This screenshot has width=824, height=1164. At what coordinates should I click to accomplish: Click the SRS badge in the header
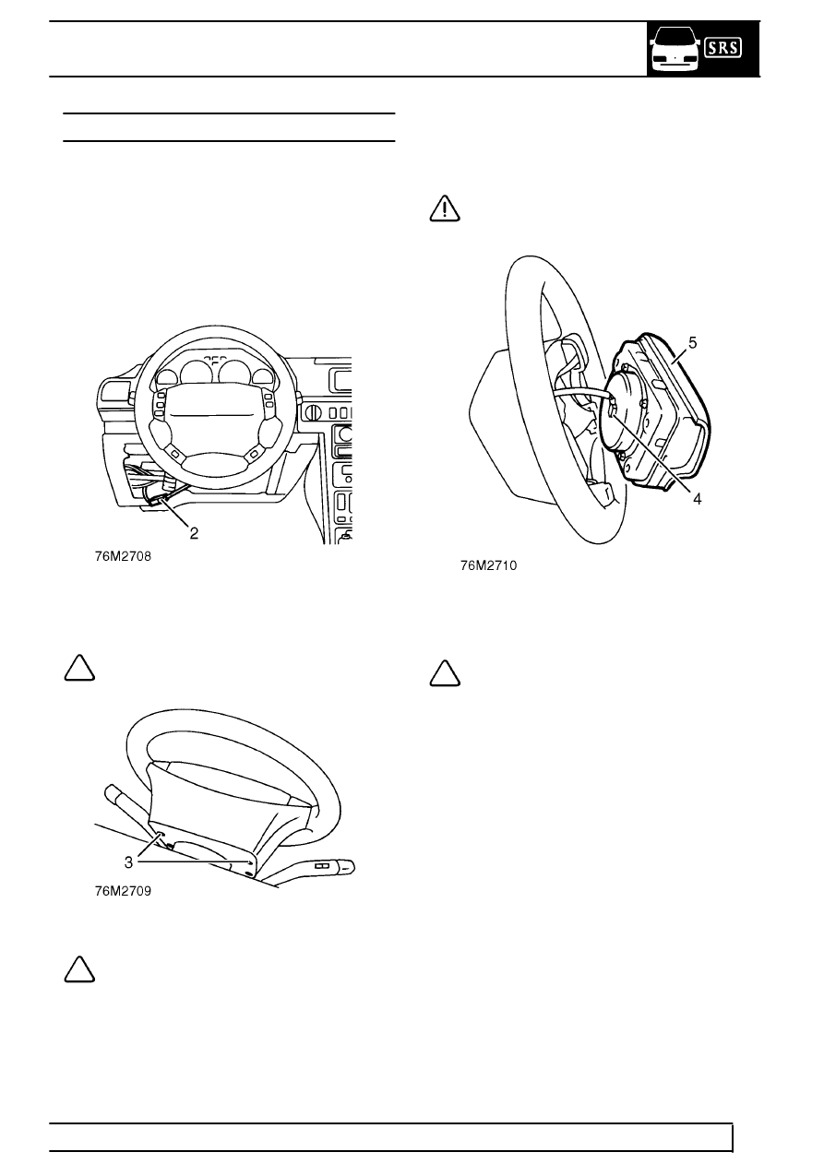(722, 48)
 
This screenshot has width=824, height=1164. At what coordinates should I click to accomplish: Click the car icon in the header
(675, 50)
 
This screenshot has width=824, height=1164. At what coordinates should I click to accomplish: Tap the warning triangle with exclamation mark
(445, 208)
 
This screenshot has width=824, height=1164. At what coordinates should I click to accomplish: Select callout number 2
(194, 533)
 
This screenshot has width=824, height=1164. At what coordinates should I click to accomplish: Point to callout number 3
(128, 862)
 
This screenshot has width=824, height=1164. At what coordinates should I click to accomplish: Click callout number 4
(698, 499)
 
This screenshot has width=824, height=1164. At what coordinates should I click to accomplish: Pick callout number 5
(692, 342)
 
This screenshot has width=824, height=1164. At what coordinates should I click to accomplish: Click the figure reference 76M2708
(124, 556)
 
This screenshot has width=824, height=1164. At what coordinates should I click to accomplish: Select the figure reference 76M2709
(124, 891)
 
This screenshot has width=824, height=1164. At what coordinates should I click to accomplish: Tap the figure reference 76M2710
(489, 565)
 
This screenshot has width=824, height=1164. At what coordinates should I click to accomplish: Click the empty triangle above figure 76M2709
(79, 669)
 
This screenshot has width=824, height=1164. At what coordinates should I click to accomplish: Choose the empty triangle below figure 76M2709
(79, 969)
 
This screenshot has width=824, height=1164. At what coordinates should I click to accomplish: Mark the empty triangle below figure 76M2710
(445, 674)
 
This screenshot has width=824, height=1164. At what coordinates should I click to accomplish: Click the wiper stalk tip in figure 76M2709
(347, 866)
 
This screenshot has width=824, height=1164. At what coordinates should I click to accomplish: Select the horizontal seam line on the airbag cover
(212, 415)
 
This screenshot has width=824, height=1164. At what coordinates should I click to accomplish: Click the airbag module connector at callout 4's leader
(613, 405)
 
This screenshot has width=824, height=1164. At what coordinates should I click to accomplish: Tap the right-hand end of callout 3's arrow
(255, 862)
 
